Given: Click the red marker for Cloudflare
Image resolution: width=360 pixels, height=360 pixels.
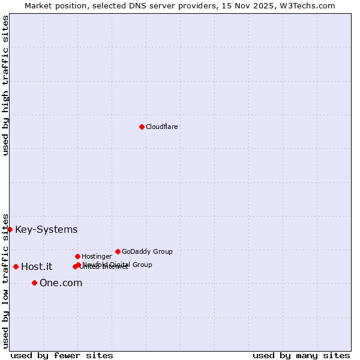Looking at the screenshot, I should pyautogui.click(x=142, y=127).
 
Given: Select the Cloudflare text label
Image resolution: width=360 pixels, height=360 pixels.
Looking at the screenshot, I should pyautogui.click(x=161, y=127).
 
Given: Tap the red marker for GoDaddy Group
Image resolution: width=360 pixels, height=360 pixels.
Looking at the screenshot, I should pyautogui.click(x=118, y=251).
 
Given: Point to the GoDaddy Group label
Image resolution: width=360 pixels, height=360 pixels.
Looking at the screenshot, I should pyautogui.click(x=147, y=252).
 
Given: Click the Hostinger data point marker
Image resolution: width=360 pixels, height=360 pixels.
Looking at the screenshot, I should pyautogui.click(x=77, y=256).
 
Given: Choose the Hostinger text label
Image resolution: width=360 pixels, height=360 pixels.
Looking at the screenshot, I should pyautogui.click(x=97, y=257).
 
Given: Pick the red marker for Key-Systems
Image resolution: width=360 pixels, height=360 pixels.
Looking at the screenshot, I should pyautogui.click(x=10, y=229).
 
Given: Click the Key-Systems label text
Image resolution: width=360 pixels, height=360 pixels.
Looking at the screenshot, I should pyautogui.click(x=46, y=230).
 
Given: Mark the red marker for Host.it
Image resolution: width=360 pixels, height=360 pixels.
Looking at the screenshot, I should pyautogui.click(x=16, y=266).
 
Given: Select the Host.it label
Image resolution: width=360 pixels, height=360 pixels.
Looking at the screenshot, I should pyautogui.click(x=37, y=267).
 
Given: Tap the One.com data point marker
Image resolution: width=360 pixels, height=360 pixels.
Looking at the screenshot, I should pyautogui.click(x=34, y=283).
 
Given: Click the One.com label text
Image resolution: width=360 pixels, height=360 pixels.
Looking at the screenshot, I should pyautogui.click(x=61, y=283).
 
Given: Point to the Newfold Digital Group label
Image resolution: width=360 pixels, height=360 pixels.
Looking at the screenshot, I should pyautogui.click(x=118, y=264).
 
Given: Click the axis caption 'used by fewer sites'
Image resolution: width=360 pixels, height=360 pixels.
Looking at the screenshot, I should pyautogui.click(x=62, y=356).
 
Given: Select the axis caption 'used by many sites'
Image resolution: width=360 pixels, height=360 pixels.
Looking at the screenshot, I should pyautogui.click(x=301, y=356).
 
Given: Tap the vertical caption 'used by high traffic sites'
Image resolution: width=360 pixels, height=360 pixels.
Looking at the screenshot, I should pyautogui.click(x=6, y=85).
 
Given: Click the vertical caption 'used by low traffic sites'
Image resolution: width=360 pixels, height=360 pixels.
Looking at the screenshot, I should pyautogui.click(x=6, y=281).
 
